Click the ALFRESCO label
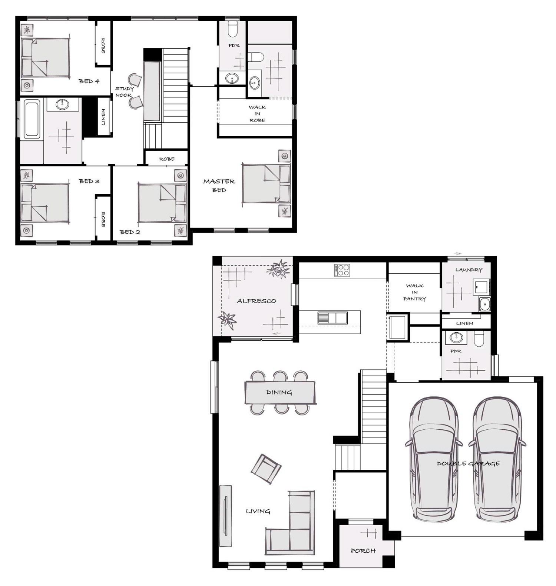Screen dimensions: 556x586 [257, 301]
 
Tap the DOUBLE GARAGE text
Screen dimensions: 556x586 [468, 463]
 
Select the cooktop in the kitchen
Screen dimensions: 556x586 [341, 270]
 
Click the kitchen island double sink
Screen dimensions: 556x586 [332, 318]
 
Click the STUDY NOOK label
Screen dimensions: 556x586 [124, 92]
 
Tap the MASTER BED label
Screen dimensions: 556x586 [219, 186]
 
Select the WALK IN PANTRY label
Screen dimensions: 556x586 [414, 292]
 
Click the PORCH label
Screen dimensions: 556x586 [363, 551]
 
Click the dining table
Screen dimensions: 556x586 [280, 392]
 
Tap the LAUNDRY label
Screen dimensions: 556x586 [469, 270]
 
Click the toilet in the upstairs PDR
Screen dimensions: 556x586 [233, 29]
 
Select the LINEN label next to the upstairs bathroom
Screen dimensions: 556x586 [103, 117]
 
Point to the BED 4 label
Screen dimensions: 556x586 [89, 81]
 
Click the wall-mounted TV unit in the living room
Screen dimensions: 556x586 [225, 516]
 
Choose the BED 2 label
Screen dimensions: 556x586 [130, 232]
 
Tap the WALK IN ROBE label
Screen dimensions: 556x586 [257, 114]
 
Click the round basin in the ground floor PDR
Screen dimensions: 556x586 [454, 337]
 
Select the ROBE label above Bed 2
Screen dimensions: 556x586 [167, 159]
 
